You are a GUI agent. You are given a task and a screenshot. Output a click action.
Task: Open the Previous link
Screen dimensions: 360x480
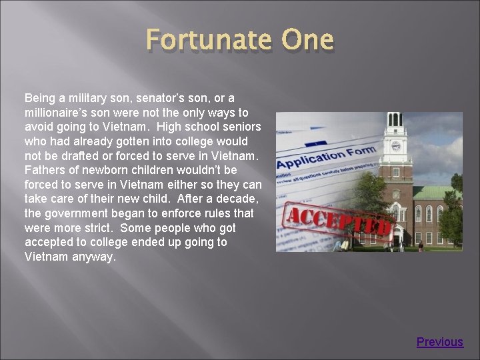[439, 342]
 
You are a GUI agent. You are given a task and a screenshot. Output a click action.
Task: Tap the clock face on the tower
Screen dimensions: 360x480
[395, 146]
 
